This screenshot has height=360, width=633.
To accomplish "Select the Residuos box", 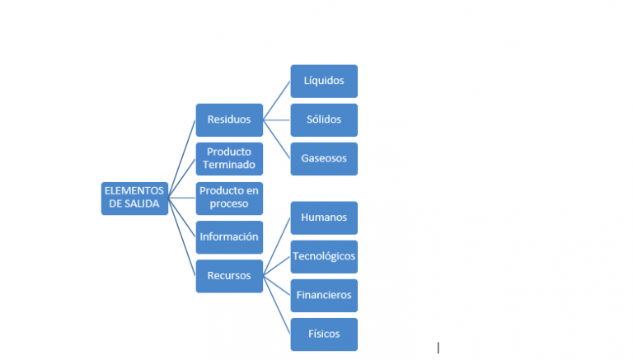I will tap(229, 120).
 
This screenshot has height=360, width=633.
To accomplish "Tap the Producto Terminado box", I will tap(229, 158).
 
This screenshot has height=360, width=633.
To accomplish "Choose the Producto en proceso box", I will tap(229, 198).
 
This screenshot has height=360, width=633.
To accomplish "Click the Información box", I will tap(229, 237).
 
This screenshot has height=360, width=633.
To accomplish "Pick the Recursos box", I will tap(229, 276).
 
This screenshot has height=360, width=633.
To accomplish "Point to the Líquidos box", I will tap(324, 82).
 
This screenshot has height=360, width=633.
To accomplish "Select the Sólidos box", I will tap(324, 120).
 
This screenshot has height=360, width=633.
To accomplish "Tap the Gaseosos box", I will tap(324, 158).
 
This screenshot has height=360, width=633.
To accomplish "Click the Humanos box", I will tap(324, 218).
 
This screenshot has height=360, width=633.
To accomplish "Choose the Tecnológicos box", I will tap(324, 257).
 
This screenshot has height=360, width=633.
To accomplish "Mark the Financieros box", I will tap(324, 295).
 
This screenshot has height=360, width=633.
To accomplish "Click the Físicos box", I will tap(324, 334).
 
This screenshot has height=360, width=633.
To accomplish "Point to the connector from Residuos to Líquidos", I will tap(277, 101).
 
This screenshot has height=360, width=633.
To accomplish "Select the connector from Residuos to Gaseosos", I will tap(277, 139).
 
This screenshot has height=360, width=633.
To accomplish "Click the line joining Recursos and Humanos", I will tap(277, 247).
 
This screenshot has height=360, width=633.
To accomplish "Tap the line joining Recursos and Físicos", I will tap(277, 305).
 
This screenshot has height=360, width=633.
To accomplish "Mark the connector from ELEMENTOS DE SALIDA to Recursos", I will tap(182, 237).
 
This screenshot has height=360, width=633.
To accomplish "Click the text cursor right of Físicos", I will tap(438, 348).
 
